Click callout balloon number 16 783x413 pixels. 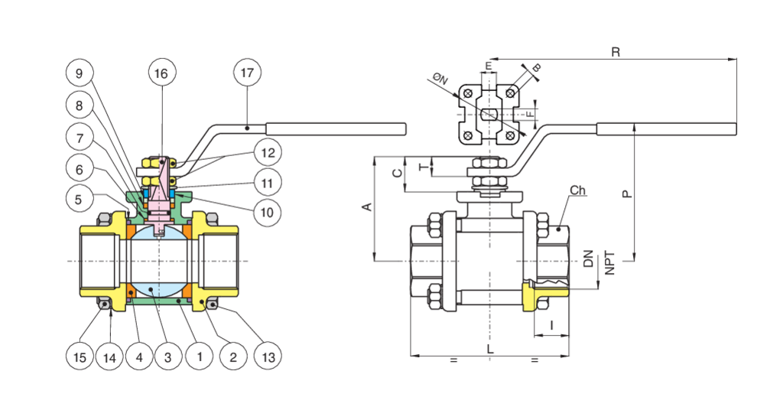click(162, 73)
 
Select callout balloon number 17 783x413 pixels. click(246, 73)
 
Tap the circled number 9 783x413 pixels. click(80, 73)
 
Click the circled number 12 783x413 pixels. click(267, 153)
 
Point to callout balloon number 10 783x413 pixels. click(267, 211)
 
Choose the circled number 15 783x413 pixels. click(80, 356)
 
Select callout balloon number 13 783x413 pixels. click(267, 356)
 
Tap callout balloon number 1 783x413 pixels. click(200, 356)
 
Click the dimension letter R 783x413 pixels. click(615, 51)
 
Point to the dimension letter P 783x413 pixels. click(627, 193)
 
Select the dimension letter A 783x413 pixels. click(366, 207)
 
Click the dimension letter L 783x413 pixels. click(490, 349)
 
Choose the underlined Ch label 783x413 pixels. click(577, 190)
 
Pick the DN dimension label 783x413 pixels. click(588, 259)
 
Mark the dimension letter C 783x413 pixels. click(396, 173)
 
